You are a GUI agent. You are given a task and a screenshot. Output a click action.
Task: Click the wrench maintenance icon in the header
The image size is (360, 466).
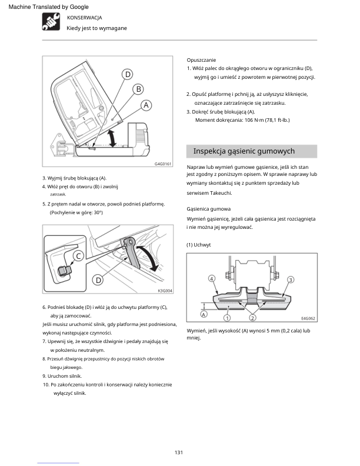[51, 22]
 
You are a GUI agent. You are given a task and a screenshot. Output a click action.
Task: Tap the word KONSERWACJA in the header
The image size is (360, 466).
[84, 18]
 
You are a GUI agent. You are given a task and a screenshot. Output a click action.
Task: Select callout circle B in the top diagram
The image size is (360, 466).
[138, 89]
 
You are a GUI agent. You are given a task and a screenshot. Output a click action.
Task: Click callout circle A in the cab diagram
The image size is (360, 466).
[146, 105]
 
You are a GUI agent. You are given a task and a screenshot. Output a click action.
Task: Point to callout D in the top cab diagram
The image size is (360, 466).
[128, 74]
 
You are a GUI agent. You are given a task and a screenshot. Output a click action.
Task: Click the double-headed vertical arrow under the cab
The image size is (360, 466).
[112, 138]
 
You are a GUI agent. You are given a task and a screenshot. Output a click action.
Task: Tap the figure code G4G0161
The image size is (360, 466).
[163, 164]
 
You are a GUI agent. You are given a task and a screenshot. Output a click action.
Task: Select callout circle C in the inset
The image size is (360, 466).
[78, 256]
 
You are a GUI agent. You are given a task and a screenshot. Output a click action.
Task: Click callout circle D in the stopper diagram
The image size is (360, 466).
[98, 279]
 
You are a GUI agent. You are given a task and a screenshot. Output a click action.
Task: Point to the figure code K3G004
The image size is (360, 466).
[165, 291]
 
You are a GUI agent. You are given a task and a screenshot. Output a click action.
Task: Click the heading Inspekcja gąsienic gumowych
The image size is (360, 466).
[244, 151]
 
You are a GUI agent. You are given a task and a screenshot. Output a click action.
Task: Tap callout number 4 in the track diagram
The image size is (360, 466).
[212, 279]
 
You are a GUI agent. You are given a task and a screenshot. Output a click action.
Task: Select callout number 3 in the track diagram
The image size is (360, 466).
[291, 279]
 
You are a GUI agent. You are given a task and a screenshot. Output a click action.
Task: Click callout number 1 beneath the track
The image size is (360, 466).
[227, 318]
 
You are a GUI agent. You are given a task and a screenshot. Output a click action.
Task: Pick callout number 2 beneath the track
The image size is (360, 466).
[252, 318]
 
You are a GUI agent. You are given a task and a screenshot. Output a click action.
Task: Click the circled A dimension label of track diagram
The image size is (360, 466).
[204, 314]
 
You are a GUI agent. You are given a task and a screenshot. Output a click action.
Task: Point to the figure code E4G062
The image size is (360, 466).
[308, 318]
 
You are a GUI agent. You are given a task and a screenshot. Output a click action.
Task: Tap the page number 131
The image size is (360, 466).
[179, 452]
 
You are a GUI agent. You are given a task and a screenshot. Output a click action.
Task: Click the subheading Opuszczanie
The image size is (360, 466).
[201, 60]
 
